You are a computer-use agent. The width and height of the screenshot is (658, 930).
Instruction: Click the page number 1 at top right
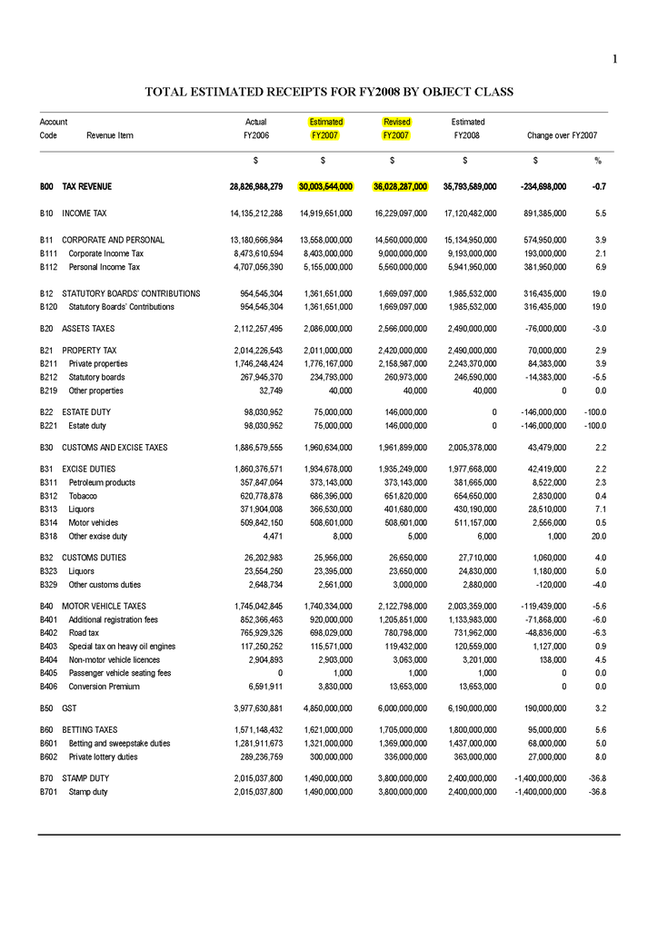(615, 60)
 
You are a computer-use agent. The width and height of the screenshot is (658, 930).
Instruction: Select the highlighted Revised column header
(397, 122)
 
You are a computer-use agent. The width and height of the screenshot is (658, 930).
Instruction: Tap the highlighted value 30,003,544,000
(325, 186)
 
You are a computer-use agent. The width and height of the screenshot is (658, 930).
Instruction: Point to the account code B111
(50, 253)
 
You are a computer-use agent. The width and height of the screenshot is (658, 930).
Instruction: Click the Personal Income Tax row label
(105, 267)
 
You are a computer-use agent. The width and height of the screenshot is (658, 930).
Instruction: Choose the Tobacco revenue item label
(84, 496)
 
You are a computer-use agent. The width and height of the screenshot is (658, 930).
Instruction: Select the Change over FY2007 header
(562, 135)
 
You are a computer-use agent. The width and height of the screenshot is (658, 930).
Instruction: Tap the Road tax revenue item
(84, 631)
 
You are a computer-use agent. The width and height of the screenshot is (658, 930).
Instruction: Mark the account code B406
(50, 687)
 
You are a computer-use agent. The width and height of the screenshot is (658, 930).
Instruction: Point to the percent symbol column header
(598, 161)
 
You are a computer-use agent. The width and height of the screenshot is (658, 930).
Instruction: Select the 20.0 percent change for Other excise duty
(596, 536)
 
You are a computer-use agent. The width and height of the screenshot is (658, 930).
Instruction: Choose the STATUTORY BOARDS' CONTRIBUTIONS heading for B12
(131, 293)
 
